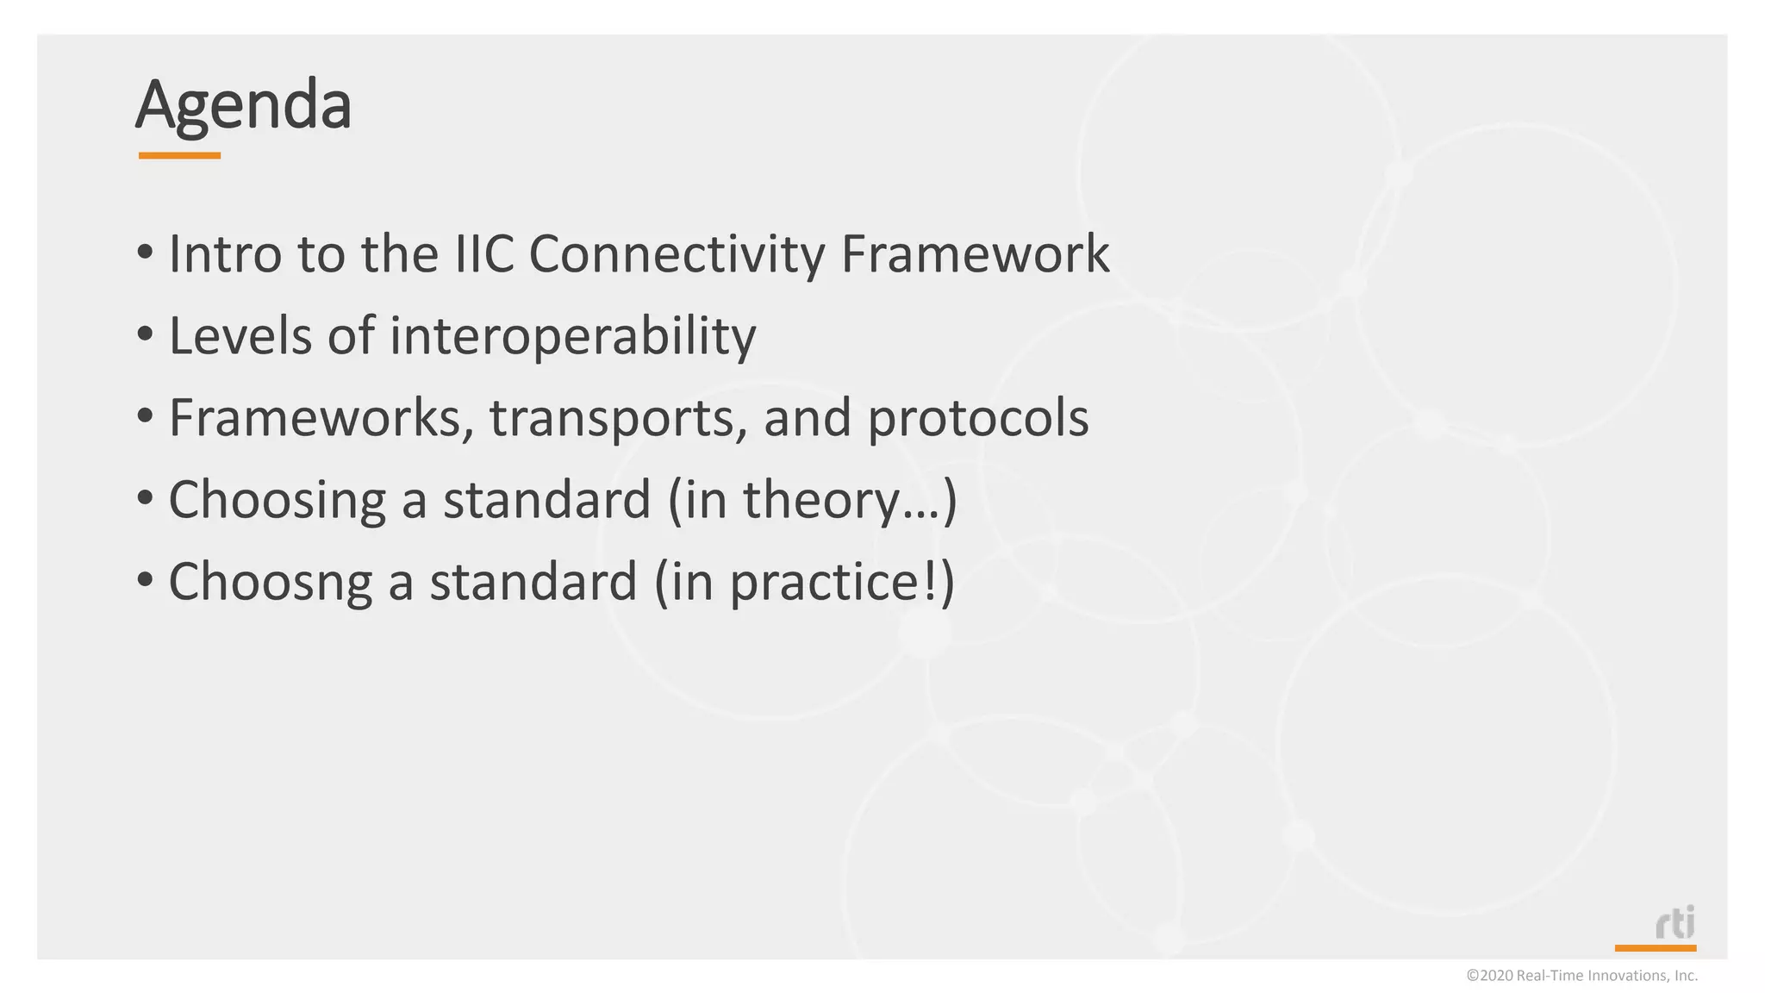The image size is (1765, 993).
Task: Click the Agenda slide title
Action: (x=244, y=105)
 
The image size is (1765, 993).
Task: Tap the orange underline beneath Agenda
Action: (x=179, y=156)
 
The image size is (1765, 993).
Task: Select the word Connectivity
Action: (x=677, y=256)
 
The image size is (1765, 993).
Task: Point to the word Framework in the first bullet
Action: (x=974, y=254)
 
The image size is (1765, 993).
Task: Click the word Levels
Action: (x=240, y=335)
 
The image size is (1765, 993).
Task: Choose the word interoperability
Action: (x=572, y=337)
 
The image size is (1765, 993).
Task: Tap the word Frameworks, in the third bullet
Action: (x=321, y=418)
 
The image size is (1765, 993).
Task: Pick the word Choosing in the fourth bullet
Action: (x=277, y=501)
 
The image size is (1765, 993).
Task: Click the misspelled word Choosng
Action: (x=270, y=583)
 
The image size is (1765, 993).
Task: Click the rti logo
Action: (x=1675, y=923)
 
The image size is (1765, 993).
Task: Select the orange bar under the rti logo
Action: (x=1655, y=948)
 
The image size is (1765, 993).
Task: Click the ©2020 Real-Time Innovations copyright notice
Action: (x=1581, y=976)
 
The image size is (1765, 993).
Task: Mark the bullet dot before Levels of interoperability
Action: (x=145, y=334)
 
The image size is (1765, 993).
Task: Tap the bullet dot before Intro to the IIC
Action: (x=145, y=253)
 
